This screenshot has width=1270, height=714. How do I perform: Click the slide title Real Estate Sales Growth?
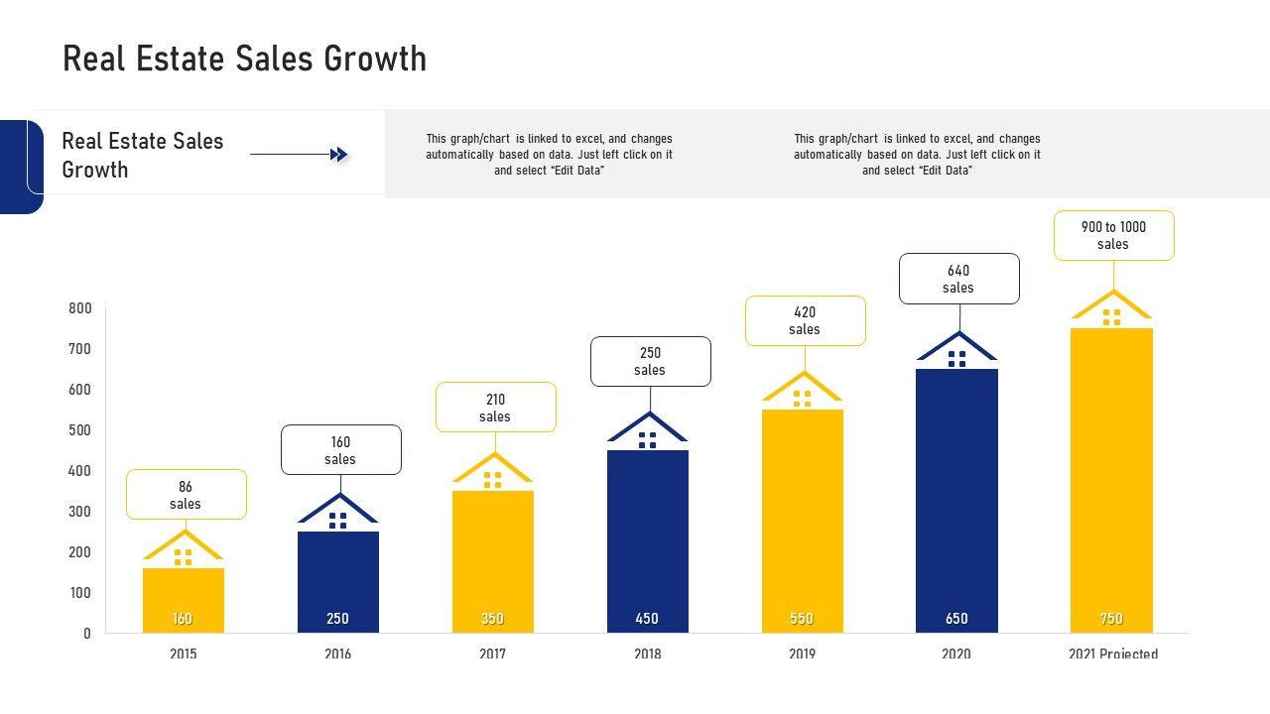tap(244, 59)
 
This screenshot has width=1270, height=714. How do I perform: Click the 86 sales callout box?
tap(187, 495)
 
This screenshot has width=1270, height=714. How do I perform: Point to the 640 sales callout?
tap(958, 279)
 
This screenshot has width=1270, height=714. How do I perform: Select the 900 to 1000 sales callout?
tap(1113, 236)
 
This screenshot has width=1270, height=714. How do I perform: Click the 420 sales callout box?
tap(805, 320)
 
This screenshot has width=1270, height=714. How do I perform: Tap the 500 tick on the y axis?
tap(79, 430)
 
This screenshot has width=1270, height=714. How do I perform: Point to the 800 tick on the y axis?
tap(79, 308)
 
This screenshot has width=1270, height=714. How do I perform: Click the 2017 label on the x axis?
tap(493, 654)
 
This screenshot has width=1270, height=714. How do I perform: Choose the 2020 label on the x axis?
tap(956, 654)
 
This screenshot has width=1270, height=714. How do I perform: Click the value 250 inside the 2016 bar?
tap(337, 619)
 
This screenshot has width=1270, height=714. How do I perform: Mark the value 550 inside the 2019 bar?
tap(802, 619)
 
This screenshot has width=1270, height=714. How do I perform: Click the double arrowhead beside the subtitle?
tap(339, 155)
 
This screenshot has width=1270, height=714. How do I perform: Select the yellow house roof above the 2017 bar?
tap(493, 466)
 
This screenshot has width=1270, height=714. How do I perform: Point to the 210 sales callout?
tap(495, 408)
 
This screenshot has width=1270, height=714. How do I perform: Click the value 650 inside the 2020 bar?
tap(956, 619)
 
